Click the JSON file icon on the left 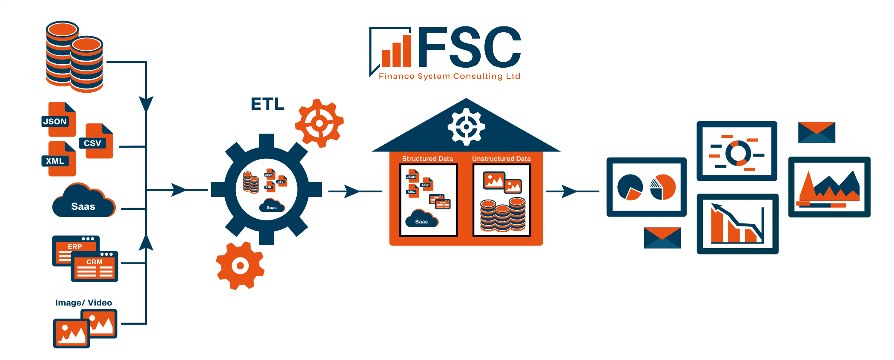coord(59,120)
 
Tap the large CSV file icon coord(97,141)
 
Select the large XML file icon coord(60,159)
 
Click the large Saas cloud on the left coord(83,202)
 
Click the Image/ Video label coord(83,303)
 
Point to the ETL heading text coord(267,104)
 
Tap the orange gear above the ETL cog coord(319,123)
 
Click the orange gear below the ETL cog coord(240,266)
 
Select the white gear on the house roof coord(466,127)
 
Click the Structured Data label coord(427,159)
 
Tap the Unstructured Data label coord(501,159)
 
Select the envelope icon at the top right coord(817,132)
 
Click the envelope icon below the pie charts coord(662,238)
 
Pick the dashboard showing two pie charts coord(646,187)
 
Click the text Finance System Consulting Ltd coord(450,76)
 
